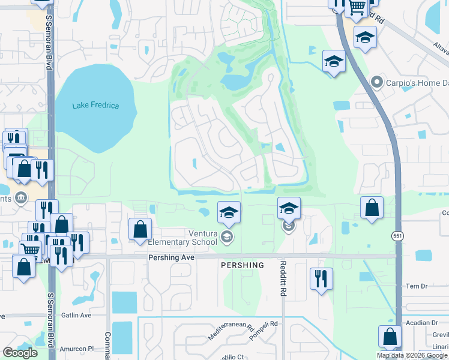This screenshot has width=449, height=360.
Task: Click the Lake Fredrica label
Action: point(95,106)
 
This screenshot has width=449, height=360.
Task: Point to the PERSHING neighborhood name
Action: point(242,265)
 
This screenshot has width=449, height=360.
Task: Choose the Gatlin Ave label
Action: point(77,315)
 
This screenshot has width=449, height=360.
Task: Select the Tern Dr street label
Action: point(415,286)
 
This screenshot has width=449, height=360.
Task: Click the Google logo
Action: point(20,352)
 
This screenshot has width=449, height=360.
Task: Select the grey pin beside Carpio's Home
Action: point(376,81)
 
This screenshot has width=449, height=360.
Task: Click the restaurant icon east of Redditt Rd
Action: point(321,278)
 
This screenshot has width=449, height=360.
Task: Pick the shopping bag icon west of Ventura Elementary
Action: point(140,229)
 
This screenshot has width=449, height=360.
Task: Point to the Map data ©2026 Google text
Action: point(412,355)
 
